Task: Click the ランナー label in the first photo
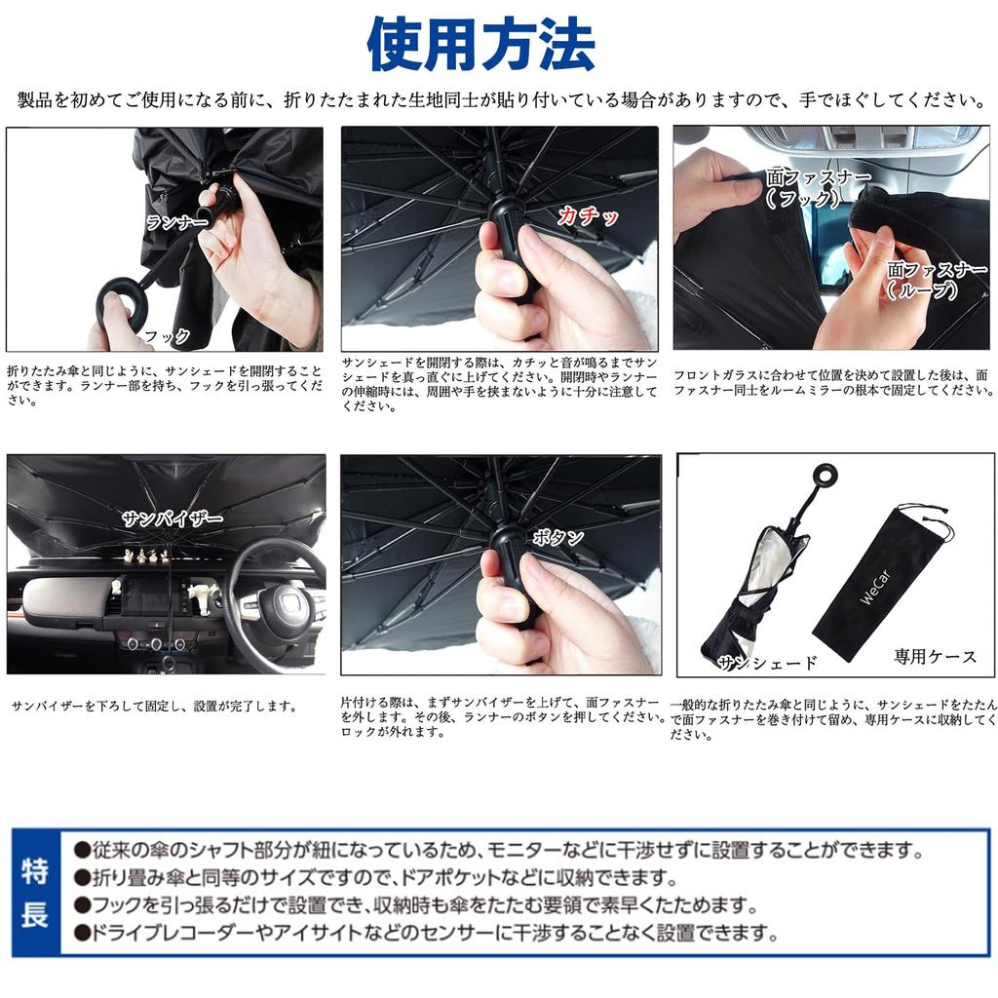coord(176,222)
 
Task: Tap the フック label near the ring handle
coord(167,336)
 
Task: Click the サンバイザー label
coord(173,518)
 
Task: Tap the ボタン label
coord(558,537)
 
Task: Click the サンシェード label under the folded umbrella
coord(767,663)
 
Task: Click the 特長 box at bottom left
coord(35,893)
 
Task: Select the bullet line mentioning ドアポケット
coord(380,876)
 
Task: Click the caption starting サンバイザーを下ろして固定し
coord(154,706)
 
